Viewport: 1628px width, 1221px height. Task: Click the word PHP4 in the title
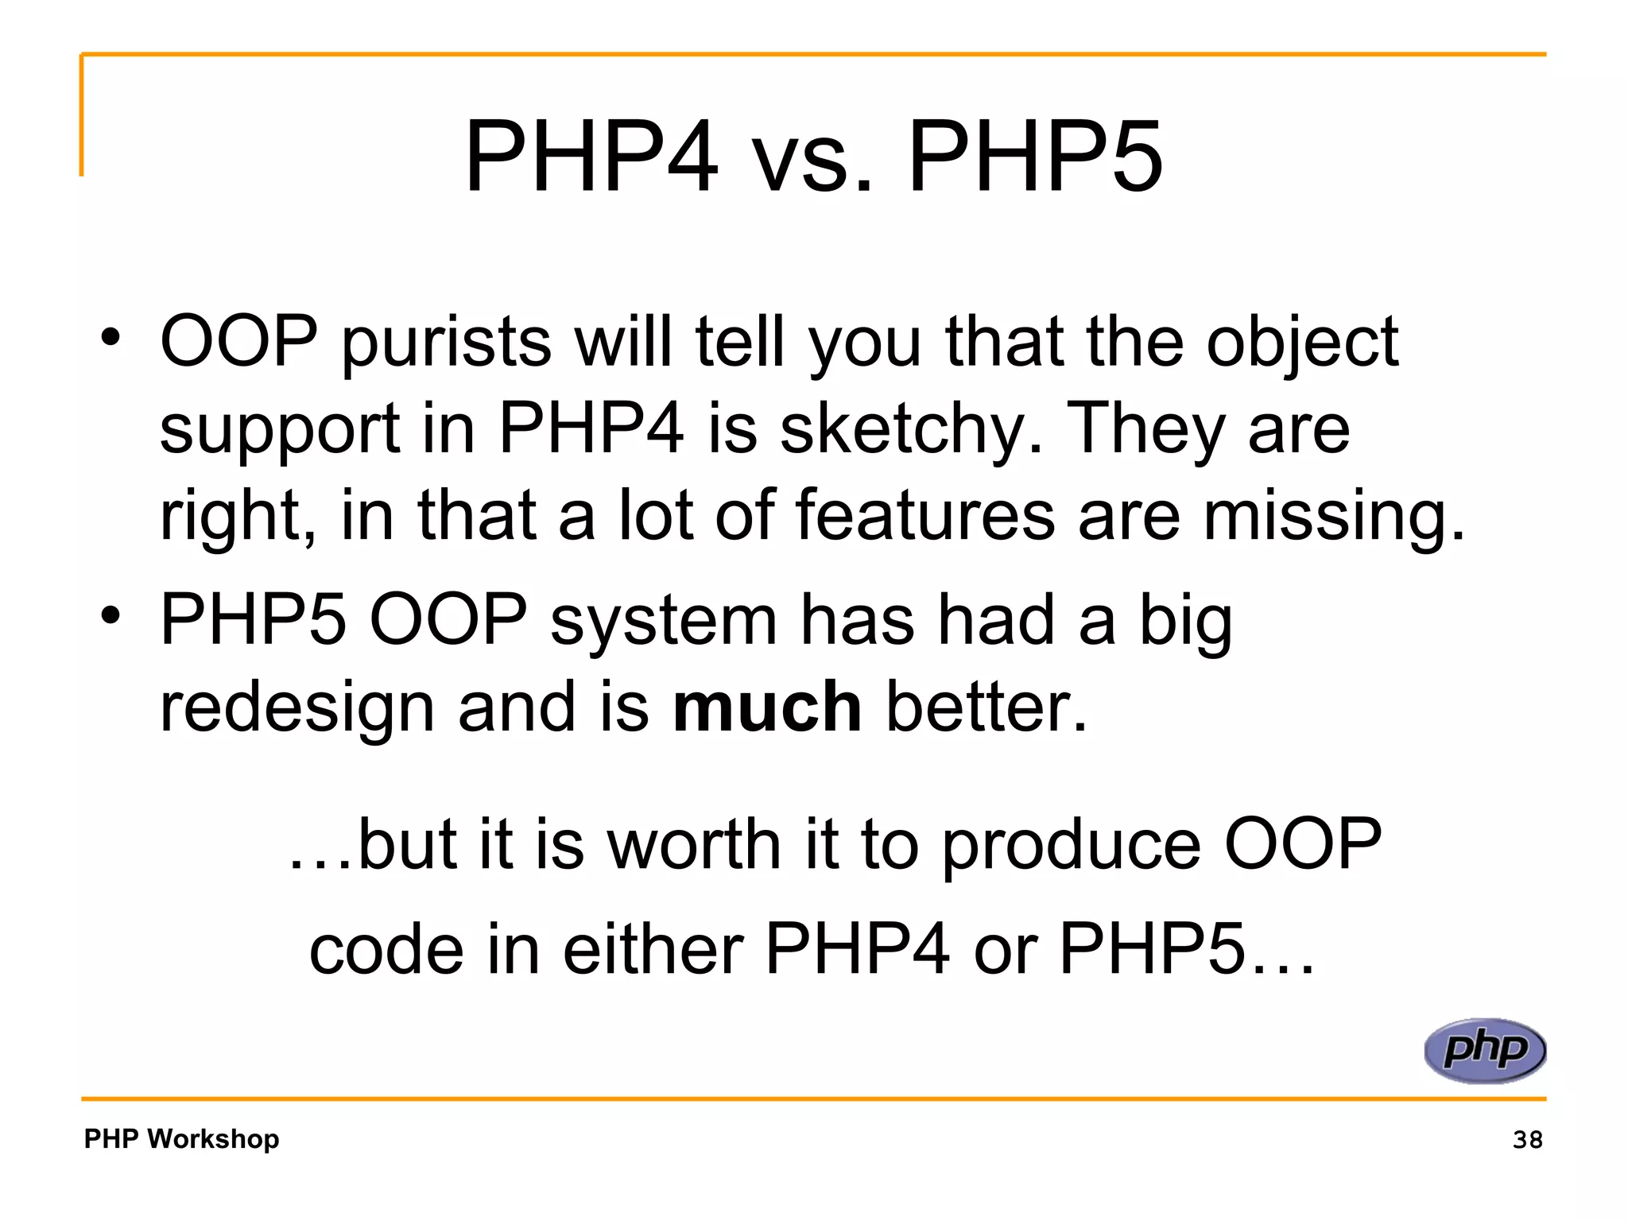591,156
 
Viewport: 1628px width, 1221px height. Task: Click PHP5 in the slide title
1035,156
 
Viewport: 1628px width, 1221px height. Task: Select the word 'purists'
447,343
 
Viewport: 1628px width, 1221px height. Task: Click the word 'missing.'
1334,517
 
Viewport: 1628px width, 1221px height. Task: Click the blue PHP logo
1485,1051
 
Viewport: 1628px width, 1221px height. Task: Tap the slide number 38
1527,1140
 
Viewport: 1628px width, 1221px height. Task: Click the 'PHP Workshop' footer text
181,1138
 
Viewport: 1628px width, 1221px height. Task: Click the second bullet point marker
110,615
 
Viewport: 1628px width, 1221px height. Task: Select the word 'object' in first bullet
1302,343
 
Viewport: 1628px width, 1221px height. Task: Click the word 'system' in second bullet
663,622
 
